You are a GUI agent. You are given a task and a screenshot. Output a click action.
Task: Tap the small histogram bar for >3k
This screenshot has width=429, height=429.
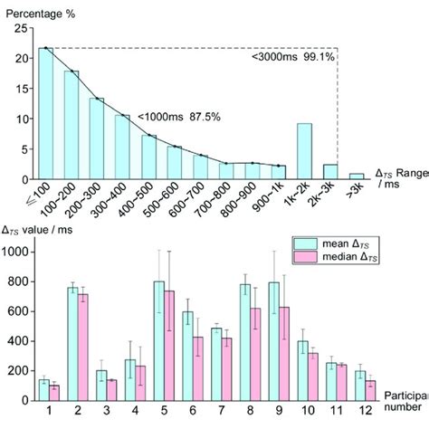click(x=357, y=176)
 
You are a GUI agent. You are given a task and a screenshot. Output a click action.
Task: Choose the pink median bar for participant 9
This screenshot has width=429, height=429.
click(x=284, y=354)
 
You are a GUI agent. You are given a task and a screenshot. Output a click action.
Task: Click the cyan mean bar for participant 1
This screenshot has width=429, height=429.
click(x=43, y=391)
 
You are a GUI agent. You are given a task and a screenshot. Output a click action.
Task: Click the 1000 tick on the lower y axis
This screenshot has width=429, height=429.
click(x=17, y=251)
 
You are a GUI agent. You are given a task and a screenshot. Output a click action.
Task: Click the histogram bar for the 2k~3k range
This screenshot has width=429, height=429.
click(x=331, y=171)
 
